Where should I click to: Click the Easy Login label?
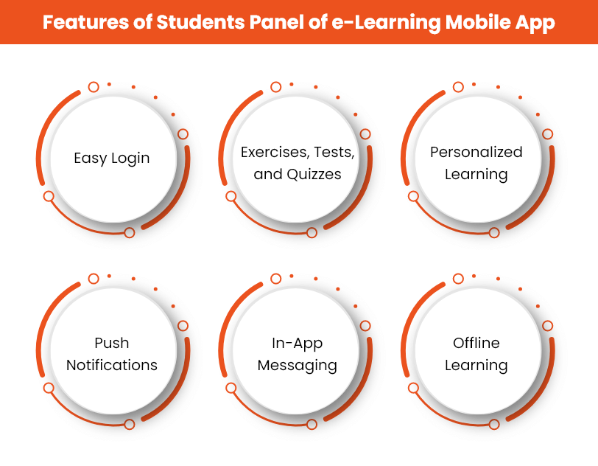tap(112, 158)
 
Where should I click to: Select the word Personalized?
tap(476, 152)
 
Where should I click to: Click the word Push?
tap(112, 343)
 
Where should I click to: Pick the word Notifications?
tap(112, 365)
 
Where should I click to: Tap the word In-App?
tap(298, 343)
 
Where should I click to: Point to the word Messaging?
tap(298, 366)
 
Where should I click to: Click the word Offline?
tap(476, 343)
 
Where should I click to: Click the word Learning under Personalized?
tap(476, 175)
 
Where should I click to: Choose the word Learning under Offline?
tap(476, 366)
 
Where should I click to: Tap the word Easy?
tap(89, 159)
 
